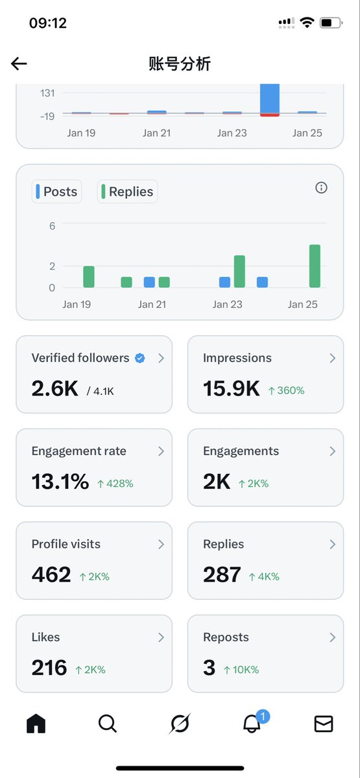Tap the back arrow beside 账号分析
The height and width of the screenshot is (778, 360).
pos(19,64)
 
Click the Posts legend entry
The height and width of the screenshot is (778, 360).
pos(57,192)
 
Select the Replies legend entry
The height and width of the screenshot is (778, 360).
pos(127,192)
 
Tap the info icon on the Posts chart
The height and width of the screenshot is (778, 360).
pos(321,188)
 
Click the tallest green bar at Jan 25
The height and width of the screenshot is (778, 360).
pos(315,266)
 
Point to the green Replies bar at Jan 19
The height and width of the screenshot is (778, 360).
pos(89,277)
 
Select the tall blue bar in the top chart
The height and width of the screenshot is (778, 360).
pos(270,99)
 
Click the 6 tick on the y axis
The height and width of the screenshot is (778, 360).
pos(52,226)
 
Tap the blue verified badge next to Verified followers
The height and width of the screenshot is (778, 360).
pos(139,358)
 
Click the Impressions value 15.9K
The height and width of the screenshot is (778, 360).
pos(231,389)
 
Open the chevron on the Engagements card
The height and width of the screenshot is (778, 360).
pos(332,451)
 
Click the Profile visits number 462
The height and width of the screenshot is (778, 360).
pos(51,575)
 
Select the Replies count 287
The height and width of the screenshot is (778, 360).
pos(222,575)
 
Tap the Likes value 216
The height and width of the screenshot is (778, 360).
pos(49,668)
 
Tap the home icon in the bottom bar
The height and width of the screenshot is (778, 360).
pos(36,723)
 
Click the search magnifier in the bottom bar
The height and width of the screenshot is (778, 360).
pos(108,723)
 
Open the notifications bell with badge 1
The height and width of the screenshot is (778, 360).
pos(252,724)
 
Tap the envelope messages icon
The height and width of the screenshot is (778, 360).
pos(323,724)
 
